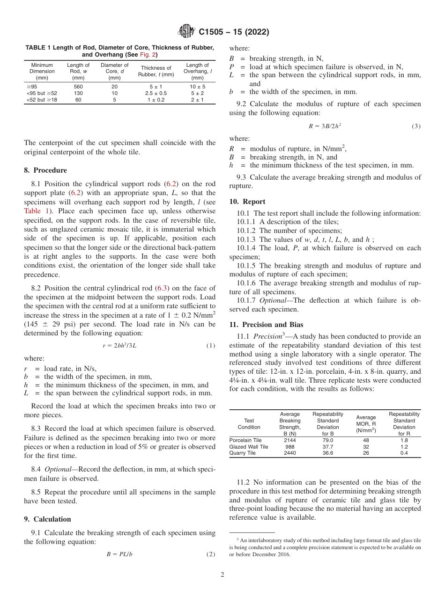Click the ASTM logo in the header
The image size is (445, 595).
pos(187,32)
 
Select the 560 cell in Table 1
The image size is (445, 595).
pos(78,87)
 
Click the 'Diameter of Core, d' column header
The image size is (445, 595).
pos(114,71)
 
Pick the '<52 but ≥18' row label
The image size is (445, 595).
pos(42,100)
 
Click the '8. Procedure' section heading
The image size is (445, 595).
pos(45,170)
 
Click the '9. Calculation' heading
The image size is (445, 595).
pos(47,519)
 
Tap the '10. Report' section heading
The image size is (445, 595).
pos(247,202)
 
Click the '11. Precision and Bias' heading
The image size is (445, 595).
pos(266,325)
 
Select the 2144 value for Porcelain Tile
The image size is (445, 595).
pos(290,440)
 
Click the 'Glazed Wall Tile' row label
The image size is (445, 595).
pos(249,447)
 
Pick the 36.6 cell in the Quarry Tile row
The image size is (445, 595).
pos(327,453)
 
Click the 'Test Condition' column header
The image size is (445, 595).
pos(249,424)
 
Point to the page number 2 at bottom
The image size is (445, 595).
pos(222,575)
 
